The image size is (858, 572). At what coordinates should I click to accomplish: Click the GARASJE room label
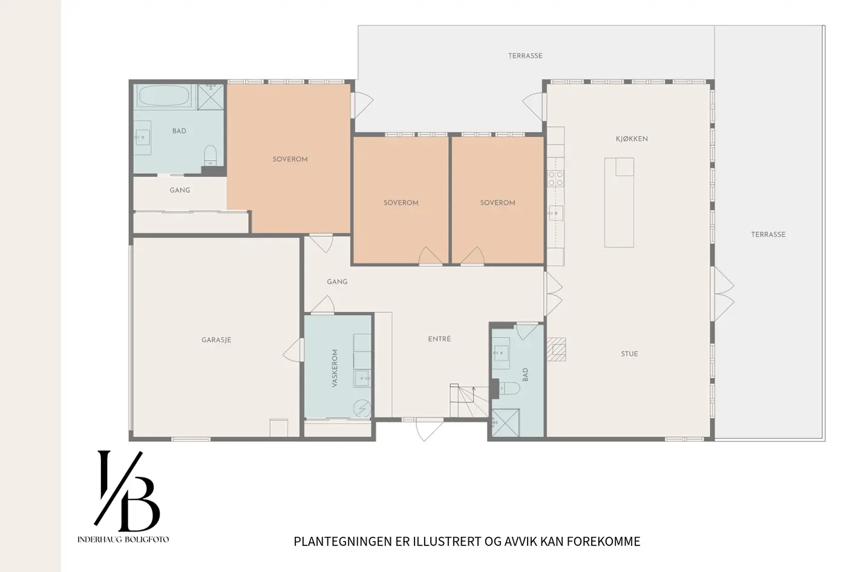[217, 340]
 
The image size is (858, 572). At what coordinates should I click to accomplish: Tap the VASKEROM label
[335, 368]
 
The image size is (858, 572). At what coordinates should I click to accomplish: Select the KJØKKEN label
[632, 139]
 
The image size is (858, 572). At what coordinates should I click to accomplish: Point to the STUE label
[629, 354]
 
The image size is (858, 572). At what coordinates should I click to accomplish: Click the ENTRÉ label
[439, 339]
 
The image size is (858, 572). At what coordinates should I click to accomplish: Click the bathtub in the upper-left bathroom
[165, 96]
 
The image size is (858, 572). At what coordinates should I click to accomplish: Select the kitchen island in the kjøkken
[619, 202]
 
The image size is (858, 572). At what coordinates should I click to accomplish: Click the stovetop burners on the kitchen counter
[555, 179]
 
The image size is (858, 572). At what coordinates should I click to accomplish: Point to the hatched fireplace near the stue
[556, 349]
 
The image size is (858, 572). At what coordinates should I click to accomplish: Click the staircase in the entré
[469, 401]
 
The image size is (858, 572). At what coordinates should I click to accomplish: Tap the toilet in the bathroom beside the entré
[508, 389]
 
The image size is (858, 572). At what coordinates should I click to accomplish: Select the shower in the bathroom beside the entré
[506, 423]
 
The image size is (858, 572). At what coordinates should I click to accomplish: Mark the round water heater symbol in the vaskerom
[362, 408]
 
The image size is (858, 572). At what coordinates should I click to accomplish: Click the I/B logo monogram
[127, 491]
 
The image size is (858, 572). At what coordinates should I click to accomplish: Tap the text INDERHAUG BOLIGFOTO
[123, 539]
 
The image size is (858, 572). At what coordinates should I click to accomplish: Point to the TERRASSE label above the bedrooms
[525, 56]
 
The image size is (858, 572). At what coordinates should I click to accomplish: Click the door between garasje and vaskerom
[293, 350]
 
